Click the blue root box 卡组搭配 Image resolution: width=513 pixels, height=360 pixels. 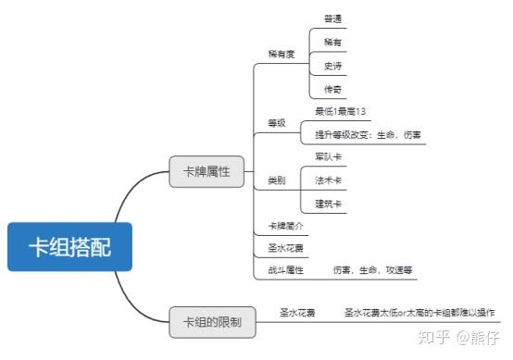point(69,245)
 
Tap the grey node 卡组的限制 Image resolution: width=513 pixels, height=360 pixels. point(211,322)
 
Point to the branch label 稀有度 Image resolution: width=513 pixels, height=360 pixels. point(281,55)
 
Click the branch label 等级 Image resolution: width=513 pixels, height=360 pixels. point(277,123)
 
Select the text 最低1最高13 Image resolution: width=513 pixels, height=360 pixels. point(341,111)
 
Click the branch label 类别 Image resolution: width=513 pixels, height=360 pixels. point(277,179)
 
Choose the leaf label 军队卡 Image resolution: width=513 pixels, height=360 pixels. point(328,156)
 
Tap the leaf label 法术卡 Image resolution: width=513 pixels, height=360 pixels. point(328,180)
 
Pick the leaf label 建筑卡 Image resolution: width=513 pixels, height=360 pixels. point(328,203)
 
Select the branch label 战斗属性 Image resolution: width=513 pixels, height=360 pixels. point(284,270)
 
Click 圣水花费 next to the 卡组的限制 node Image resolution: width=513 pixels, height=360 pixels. point(298,313)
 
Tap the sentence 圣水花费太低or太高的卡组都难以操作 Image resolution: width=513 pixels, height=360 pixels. point(419,313)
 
